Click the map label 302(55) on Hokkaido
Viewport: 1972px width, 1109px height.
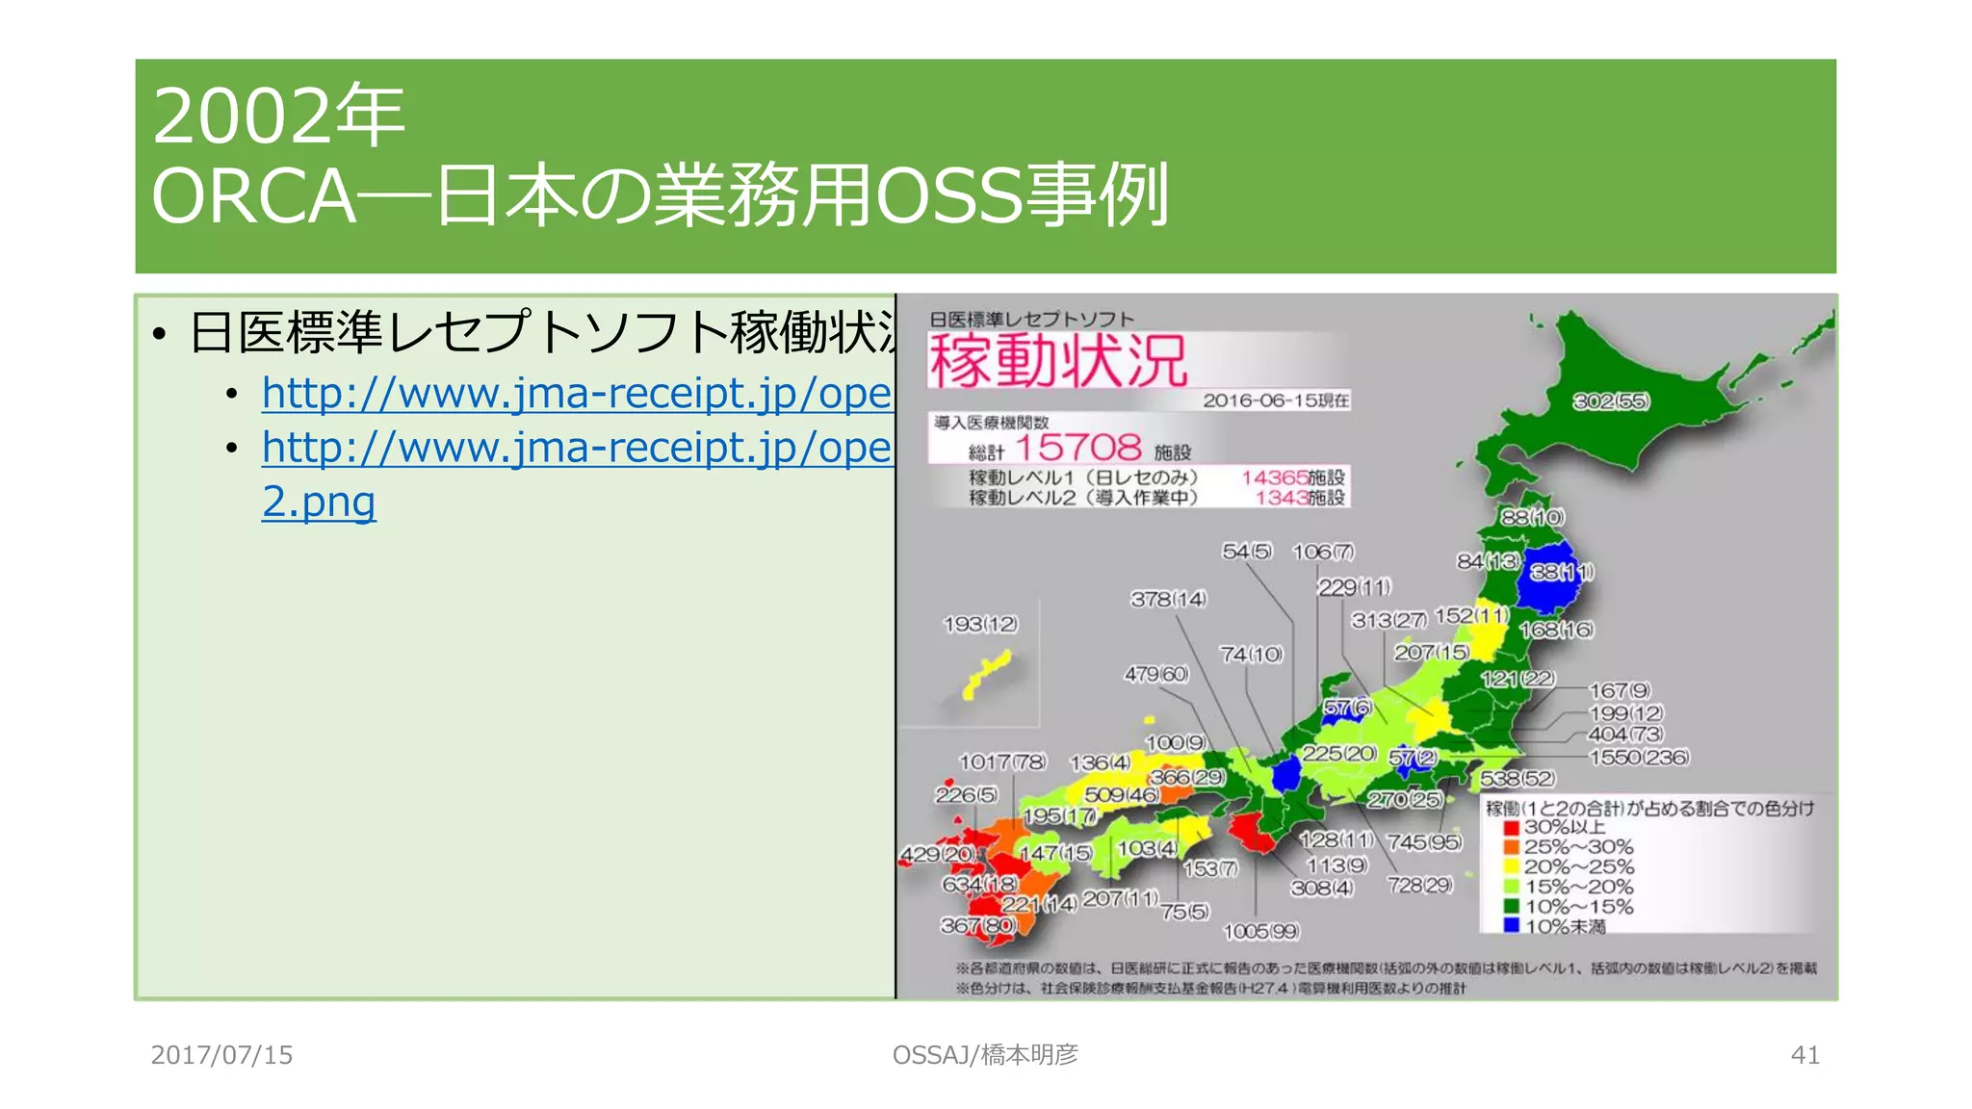click(1611, 401)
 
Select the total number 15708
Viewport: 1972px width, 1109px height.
click(1078, 448)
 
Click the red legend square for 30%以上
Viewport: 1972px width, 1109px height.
click(1511, 827)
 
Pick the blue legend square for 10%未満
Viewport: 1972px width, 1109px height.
click(1511, 926)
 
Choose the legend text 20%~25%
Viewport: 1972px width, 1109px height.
click(1578, 866)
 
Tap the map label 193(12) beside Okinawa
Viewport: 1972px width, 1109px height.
click(980, 624)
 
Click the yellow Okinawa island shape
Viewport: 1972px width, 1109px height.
click(987, 674)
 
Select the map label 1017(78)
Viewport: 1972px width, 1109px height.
click(1001, 761)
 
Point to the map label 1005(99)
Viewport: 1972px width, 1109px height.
click(1260, 931)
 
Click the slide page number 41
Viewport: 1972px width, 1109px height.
click(1804, 1055)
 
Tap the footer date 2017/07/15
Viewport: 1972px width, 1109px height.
click(221, 1055)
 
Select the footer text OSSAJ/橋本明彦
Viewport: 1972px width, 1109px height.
click(985, 1055)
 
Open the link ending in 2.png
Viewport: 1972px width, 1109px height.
click(319, 502)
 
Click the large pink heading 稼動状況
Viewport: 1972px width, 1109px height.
click(1057, 361)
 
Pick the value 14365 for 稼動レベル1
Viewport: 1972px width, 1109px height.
click(1275, 477)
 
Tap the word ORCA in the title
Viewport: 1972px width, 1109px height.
click(253, 196)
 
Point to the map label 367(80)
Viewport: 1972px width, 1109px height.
click(977, 925)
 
